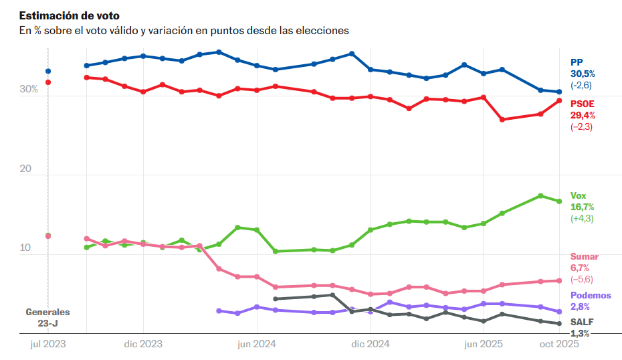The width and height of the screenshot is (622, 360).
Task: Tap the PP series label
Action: click(577, 62)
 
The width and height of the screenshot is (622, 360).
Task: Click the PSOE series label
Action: click(583, 104)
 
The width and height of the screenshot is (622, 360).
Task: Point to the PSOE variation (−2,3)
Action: click(581, 127)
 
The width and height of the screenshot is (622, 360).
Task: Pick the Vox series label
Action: click(578, 195)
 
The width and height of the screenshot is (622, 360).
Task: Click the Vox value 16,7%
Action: click(582, 207)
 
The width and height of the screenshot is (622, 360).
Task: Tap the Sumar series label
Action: click(584, 257)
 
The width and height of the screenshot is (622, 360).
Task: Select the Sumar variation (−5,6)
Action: click(581, 280)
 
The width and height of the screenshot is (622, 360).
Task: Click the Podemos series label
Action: click(590, 296)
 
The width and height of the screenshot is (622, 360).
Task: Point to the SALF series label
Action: click(581, 322)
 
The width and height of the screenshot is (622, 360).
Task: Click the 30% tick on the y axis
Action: click(28, 90)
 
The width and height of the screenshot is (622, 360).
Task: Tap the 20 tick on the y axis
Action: click(26, 169)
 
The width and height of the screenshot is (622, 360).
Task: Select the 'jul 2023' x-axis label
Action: click(47, 344)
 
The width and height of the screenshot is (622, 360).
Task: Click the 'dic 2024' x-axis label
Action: click(370, 344)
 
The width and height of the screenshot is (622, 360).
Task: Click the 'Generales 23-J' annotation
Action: click(47, 317)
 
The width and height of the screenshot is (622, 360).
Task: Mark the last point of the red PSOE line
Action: click(559, 100)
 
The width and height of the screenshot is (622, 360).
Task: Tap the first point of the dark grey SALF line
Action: click(276, 299)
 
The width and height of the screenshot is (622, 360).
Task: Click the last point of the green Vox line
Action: click(559, 201)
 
